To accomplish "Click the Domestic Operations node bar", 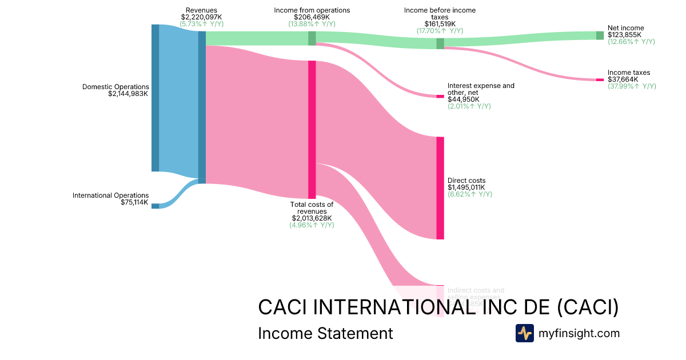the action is [x=155, y=98].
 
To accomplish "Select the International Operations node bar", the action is [x=155, y=206].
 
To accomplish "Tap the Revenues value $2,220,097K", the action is [x=201, y=17].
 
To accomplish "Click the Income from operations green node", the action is [x=312, y=38].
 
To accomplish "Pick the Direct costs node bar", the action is [x=440, y=188].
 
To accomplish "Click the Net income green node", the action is [x=600, y=35].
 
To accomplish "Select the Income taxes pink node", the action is [x=600, y=79].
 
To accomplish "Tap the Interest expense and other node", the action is [x=440, y=97].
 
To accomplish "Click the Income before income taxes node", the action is [x=440, y=43].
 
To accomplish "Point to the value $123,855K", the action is [x=624, y=35].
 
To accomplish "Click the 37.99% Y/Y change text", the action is [x=632, y=86].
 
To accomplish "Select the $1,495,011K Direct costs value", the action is [x=466, y=187].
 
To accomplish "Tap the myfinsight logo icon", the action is [x=524, y=333].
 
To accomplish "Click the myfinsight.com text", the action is [x=579, y=333].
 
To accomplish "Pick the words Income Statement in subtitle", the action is [x=325, y=333].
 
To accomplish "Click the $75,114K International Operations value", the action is [x=134, y=202].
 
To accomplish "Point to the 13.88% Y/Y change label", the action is [x=312, y=24].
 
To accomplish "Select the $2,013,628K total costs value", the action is [x=312, y=218].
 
